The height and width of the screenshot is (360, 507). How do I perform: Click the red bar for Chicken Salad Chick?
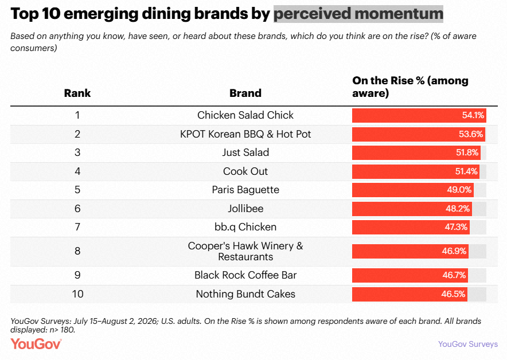click(419, 115)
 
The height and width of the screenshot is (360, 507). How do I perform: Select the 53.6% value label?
click(471, 134)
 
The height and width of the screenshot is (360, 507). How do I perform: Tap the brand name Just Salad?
click(245, 152)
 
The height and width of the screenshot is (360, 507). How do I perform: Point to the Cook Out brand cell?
click(245, 171)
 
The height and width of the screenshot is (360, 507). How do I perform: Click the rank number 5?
click(77, 190)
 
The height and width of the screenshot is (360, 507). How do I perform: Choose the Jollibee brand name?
click(245, 209)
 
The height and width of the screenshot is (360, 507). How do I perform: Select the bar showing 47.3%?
click(411, 227)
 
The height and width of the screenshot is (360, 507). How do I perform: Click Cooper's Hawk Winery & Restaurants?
click(245, 251)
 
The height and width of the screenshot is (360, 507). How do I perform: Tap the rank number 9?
click(77, 275)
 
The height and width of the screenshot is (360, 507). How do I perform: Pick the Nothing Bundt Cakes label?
click(245, 294)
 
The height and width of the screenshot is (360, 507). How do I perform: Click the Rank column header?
click(77, 93)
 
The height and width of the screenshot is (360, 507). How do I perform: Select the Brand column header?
click(245, 93)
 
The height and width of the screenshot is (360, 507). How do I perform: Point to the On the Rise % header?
click(410, 87)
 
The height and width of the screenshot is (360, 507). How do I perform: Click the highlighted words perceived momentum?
click(358, 14)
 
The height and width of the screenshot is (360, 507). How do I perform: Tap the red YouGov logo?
click(36, 344)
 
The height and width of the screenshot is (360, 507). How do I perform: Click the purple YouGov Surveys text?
click(468, 344)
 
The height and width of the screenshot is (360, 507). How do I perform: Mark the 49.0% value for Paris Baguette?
click(459, 190)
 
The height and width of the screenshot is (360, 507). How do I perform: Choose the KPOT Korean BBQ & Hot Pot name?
click(245, 134)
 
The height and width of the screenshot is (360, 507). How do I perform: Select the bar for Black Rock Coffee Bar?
click(410, 275)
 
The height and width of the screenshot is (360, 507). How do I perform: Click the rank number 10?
click(77, 294)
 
